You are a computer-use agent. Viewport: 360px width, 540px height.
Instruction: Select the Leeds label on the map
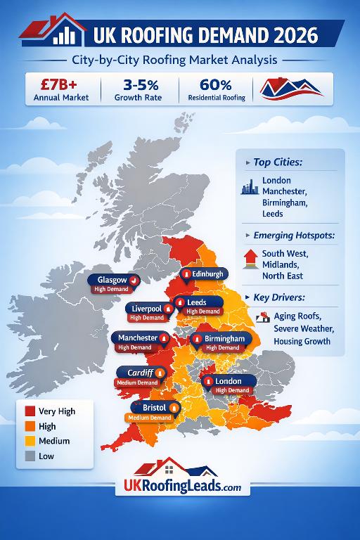(x=198, y=302)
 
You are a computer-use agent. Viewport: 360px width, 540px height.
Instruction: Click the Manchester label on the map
(x=139, y=338)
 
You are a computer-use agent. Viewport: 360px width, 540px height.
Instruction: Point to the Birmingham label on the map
(x=224, y=339)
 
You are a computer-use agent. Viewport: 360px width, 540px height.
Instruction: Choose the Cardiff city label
(x=141, y=372)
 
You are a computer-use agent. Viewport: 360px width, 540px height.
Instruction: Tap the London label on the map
(x=229, y=381)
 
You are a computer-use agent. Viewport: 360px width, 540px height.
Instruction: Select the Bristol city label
(x=154, y=408)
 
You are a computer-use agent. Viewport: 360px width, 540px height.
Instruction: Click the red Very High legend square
(x=30, y=411)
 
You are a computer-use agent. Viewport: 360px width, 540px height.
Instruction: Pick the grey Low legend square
(x=30, y=456)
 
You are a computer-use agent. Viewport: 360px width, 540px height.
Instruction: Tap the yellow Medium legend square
(x=30, y=442)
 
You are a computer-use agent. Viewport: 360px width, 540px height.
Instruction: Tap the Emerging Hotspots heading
(x=298, y=235)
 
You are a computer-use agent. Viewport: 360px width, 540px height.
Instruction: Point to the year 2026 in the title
(x=287, y=34)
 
